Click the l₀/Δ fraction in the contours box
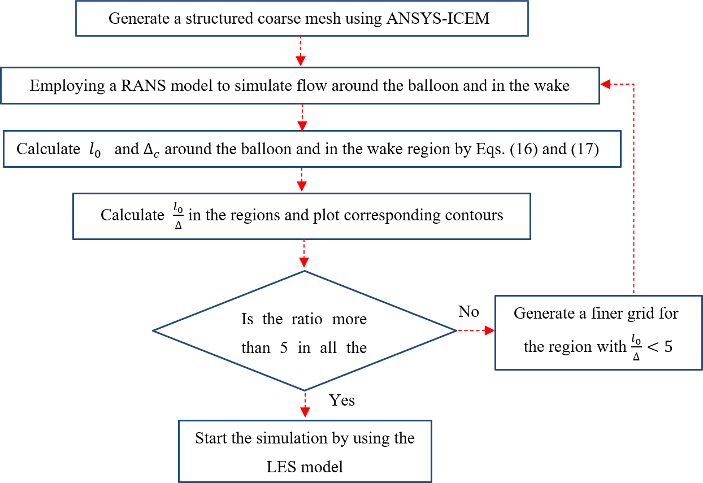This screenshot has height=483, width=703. [x=177, y=216]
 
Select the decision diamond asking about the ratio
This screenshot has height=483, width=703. [x=305, y=330]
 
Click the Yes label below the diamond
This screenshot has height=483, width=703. [x=342, y=400]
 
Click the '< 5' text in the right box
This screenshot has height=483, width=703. [x=661, y=346]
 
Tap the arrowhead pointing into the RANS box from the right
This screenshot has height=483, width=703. [x=605, y=84]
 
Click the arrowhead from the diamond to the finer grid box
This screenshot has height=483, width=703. [x=490, y=332]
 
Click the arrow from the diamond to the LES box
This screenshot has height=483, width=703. [x=305, y=406]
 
